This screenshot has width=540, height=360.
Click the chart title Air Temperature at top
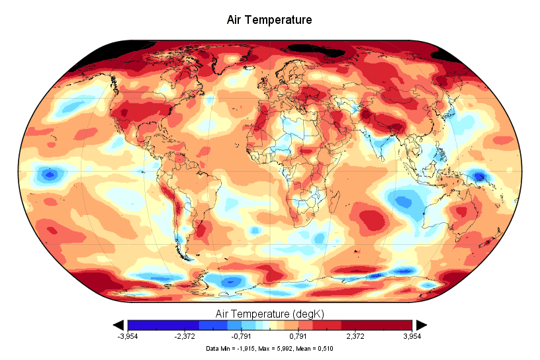(x=269, y=20)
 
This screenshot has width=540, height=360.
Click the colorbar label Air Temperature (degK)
(x=269, y=312)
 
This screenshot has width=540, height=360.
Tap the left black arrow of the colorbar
(x=119, y=324)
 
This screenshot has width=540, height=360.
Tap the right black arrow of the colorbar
(x=421, y=324)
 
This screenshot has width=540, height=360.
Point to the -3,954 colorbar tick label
(x=128, y=336)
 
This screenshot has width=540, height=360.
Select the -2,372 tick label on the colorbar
(x=185, y=336)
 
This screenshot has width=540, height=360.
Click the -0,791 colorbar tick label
(x=242, y=336)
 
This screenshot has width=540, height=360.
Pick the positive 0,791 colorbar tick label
(x=299, y=336)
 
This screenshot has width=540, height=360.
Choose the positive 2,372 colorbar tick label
(x=355, y=336)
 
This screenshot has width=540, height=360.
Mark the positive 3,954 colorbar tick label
(x=412, y=336)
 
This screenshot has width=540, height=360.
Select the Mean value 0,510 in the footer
(x=324, y=347)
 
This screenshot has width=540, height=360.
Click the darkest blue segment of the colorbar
(x=142, y=325)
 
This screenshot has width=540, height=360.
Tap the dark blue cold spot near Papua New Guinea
(x=479, y=176)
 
